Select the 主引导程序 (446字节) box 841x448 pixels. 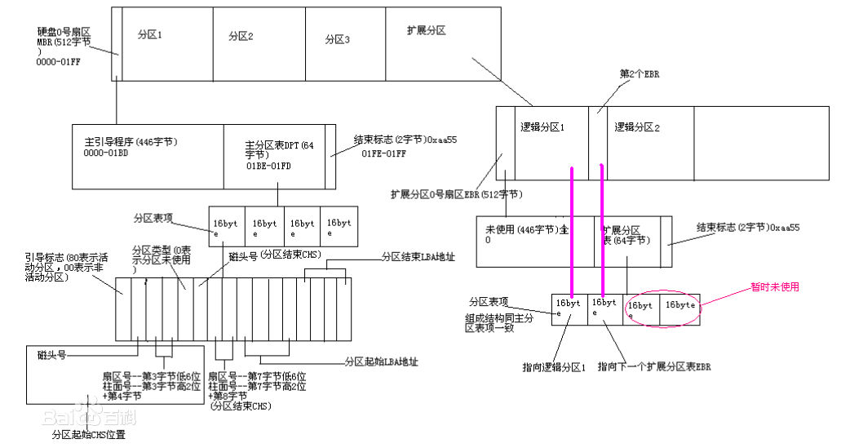[147, 155]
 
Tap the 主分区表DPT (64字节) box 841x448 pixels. [274, 155]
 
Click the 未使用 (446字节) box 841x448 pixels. [522, 242]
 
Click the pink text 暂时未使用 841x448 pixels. [774, 287]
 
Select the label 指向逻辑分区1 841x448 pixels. [555, 367]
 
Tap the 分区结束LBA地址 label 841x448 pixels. [418, 256]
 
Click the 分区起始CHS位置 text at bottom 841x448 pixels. [88, 435]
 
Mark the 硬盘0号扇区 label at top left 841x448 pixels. [63, 30]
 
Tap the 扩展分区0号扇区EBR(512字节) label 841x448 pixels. [457, 195]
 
